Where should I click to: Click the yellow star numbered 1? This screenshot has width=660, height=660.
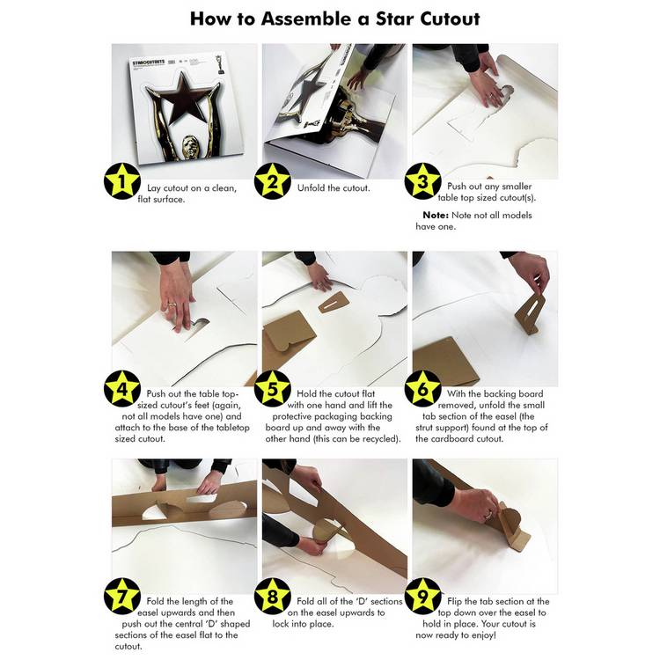(122, 181)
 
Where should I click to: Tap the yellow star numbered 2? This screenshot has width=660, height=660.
(273, 181)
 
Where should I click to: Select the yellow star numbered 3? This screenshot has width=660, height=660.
(422, 181)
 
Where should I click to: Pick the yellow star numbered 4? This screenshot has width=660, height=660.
(122, 388)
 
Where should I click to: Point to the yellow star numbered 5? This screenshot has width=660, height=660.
(273, 388)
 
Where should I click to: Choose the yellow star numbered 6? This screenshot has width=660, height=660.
(422, 388)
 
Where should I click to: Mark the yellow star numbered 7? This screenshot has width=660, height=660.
(122, 596)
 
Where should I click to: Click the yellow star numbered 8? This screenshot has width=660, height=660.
(273, 596)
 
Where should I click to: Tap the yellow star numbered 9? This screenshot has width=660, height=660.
(422, 596)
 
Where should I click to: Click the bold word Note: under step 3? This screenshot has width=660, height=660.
(436, 215)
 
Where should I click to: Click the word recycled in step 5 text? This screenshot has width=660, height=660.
(380, 439)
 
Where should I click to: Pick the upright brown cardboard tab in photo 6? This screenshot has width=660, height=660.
(531, 312)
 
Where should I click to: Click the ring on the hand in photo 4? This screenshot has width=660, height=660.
(172, 304)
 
